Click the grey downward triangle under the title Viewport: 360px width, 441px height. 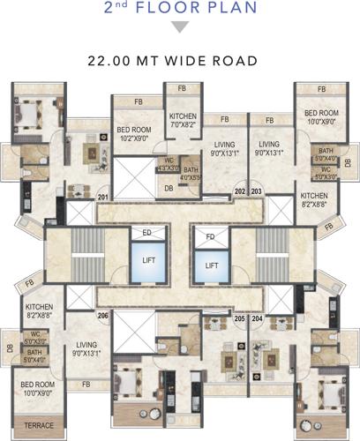(180, 28)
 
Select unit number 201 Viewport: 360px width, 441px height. (103, 198)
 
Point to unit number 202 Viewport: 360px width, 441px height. (239, 191)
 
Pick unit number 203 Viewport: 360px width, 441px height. (256, 191)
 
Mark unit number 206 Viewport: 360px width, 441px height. (103, 315)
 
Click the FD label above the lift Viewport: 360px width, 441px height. (211, 236)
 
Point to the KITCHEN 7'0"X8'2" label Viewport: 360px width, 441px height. (185, 121)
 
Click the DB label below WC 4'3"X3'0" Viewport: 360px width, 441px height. (169, 187)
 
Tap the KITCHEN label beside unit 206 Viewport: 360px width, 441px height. (39, 308)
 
